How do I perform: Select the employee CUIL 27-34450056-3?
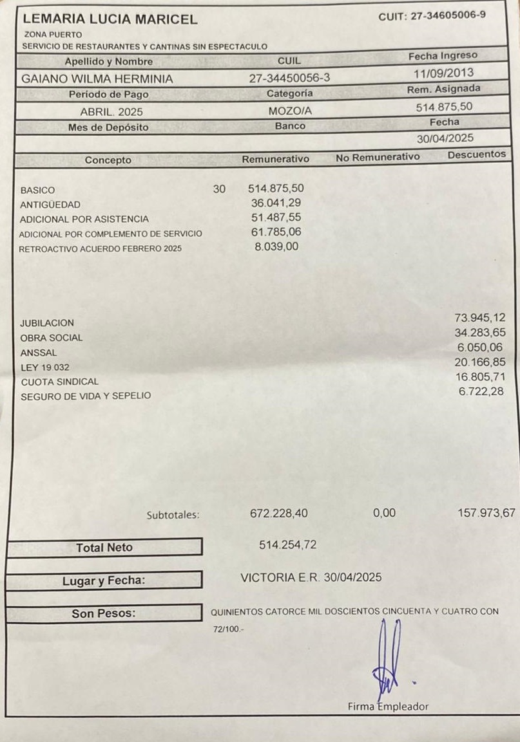289,78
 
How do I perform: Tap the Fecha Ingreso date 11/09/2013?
444,73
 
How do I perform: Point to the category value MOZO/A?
289,111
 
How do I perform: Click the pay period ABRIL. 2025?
111,111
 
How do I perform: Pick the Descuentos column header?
476,154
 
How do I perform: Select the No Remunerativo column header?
378,156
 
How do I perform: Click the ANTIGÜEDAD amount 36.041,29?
276,203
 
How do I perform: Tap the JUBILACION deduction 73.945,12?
480,318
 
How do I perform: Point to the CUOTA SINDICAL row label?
60,382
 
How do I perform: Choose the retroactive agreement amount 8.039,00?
276,246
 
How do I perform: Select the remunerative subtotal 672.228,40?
278,514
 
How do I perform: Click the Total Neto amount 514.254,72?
287,545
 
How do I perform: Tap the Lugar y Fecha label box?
104,580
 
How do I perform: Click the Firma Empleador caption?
388,706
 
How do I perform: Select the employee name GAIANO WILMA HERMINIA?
97,79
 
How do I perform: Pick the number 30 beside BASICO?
219,189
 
